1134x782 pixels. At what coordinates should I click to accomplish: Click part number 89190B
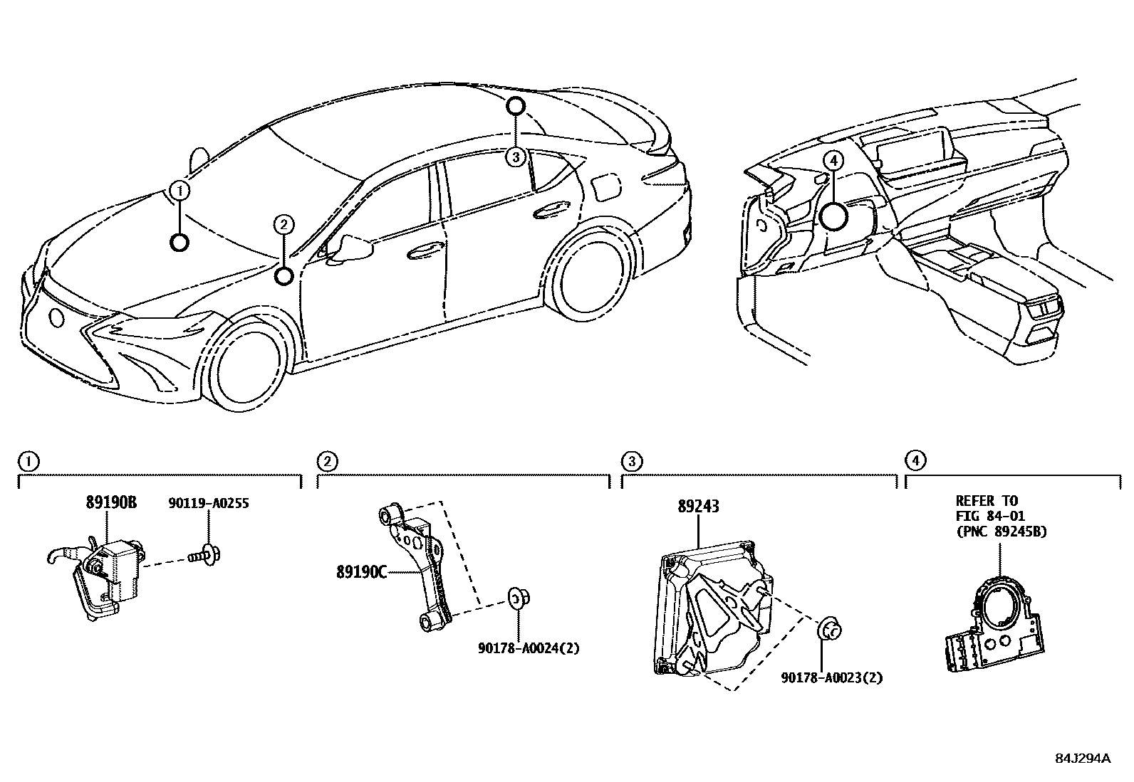(111, 502)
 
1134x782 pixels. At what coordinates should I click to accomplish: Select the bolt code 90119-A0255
(209, 503)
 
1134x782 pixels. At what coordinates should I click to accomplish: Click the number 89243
(698, 507)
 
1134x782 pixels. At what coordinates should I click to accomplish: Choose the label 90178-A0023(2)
(831, 678)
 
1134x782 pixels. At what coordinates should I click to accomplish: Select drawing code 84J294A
(1083, 759)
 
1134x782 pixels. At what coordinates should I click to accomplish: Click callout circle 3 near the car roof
(516, 156)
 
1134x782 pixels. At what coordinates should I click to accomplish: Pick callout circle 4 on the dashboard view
(835, 161)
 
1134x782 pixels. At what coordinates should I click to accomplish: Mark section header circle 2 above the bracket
(326, 461)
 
